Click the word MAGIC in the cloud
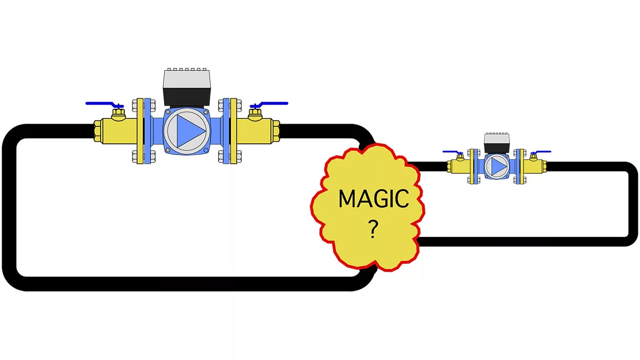coord(374,199)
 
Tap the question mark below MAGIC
coord(373,231)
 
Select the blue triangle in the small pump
coord(497,165)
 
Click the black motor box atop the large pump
coord(188,88)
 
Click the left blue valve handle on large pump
coord(103,104)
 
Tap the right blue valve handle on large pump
coord(271,103)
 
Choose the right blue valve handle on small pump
coord(542,152)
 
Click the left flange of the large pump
coord(144,131)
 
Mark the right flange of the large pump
coord(230,131)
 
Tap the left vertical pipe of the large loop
coord(9,208)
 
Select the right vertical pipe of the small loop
coord(632,202)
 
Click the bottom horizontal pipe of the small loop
coord(520,241)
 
